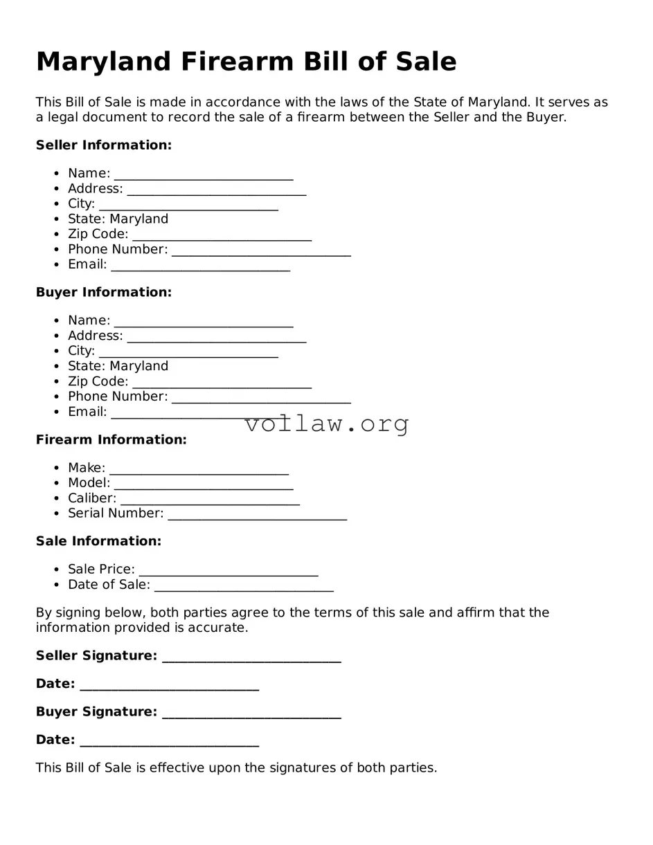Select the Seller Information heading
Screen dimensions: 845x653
(104, 145)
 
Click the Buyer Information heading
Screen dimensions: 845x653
(104, 293)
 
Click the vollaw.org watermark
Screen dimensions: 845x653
(327, 424)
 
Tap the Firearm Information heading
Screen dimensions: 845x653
(111, 440)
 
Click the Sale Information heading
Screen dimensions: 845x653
(98, 541)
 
